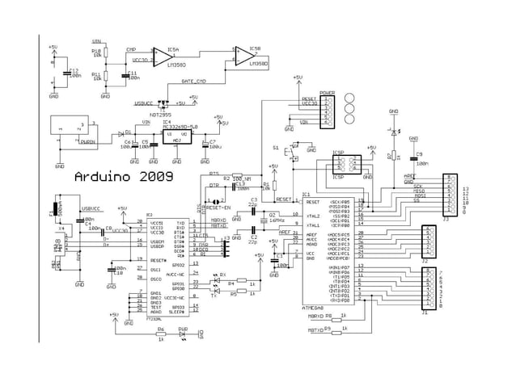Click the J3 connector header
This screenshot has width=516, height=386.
tap(449, 196)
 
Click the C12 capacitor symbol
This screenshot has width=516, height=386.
tap(66, 72)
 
